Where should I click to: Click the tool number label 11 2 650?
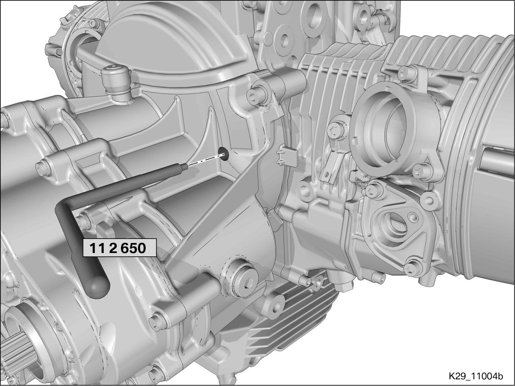point(119,248)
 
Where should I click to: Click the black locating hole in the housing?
point(223,154)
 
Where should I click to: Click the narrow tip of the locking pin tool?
point(184,167)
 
